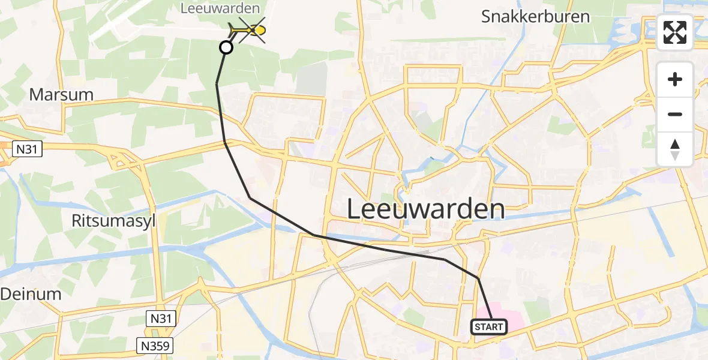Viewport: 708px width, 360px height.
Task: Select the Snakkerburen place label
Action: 535,17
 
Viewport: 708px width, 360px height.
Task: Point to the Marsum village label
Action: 62,95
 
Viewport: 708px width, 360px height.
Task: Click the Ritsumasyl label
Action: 113,221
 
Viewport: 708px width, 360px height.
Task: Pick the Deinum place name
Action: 31,294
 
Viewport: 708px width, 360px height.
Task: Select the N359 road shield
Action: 154,346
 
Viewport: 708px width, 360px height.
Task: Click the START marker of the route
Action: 488,327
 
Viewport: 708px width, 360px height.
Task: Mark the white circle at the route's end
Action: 226,47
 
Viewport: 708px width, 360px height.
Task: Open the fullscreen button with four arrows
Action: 675,32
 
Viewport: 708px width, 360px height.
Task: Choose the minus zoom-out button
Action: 675,114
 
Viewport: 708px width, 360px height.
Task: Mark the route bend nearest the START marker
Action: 478,278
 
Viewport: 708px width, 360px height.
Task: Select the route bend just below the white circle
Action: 217,85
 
